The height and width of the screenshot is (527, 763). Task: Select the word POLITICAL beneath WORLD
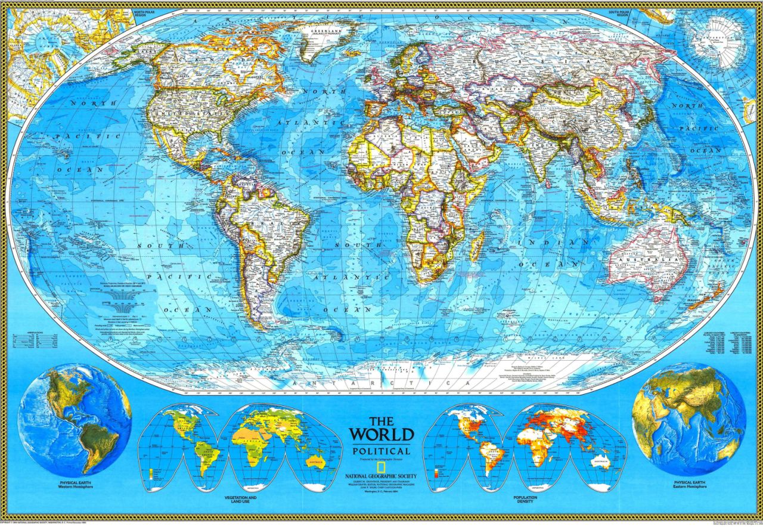pos(381,451)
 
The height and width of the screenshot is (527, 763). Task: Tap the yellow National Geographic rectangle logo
pos(340,476)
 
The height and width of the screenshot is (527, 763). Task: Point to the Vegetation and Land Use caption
pos(241,499)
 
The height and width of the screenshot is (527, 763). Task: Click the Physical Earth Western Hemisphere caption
pos(75,483)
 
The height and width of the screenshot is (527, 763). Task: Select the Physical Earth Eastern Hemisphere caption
pos(690,483)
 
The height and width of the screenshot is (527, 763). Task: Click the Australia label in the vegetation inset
pos(315,461)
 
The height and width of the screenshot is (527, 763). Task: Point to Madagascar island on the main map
pos(477,245)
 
